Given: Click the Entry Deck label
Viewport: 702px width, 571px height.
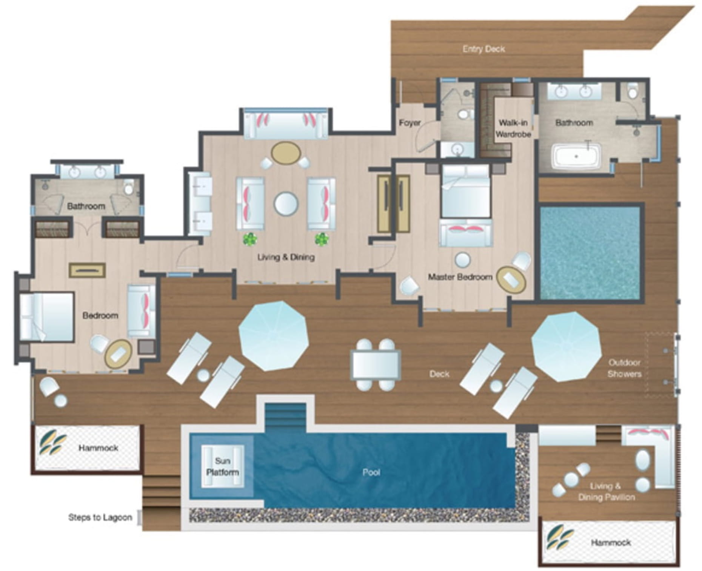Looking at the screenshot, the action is (x=483, y=49).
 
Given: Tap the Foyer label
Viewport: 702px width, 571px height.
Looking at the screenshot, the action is (x=410, y=123).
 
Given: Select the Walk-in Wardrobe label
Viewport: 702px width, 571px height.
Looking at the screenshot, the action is (x=513, y=128).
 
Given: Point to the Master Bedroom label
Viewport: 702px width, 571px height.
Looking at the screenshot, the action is (x=460, y=277).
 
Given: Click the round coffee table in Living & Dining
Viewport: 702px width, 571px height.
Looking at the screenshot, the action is (x=286, y=204).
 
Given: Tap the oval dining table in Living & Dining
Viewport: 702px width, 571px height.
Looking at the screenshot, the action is (x=286, y=153).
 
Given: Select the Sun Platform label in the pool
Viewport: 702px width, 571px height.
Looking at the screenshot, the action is (x=222, y=466).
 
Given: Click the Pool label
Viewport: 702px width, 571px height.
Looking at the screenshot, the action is (x=371, y=472).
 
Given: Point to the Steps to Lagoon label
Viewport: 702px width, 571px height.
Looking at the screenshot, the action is (x=100, y=517).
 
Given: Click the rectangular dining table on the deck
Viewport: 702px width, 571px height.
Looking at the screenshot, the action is (x=376, y=364).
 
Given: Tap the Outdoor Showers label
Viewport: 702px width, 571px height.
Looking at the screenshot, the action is (x=625, y=368).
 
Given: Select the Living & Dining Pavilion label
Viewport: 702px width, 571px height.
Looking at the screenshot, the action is (x=607, y=492).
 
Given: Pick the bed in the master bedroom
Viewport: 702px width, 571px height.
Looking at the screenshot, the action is (x=466, y=191).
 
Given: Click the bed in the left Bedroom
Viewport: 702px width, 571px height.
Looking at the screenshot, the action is (x=46, y=317).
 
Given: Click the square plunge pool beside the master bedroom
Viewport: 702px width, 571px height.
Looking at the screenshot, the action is (x=590, y=253).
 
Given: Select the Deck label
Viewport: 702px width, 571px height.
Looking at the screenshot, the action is (x=439, y=374).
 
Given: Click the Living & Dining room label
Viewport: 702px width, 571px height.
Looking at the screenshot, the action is (x=286, y=258).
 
